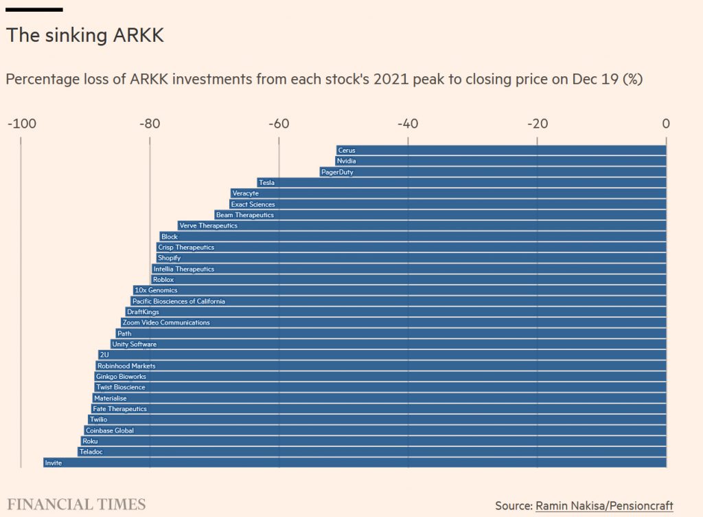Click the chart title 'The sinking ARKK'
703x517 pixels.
click(x=85, y=36)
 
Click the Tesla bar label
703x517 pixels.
click(x=266, y=183)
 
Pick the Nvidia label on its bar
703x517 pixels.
click(x=346, y=161)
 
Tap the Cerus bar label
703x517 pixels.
click(x=346, y=151)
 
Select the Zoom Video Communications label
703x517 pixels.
click(x=166, y=322)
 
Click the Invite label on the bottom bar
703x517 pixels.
click(x=53, y=463)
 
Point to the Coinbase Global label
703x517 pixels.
click(x=110, y=430)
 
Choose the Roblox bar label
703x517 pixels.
click(x=163, y=280)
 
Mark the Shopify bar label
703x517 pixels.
click(x=169, y=258)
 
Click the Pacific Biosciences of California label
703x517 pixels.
click(x=178, y=301)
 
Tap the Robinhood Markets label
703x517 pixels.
click(x=126, y=366)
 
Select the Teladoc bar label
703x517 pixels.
click(x=91, y=452)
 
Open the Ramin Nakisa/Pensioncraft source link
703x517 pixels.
click(x=604, y=505)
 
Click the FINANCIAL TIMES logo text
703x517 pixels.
click(x=76, y=505)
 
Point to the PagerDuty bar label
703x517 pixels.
click(x=337, y=172)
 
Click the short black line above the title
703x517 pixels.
click(x=34, y=10)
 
